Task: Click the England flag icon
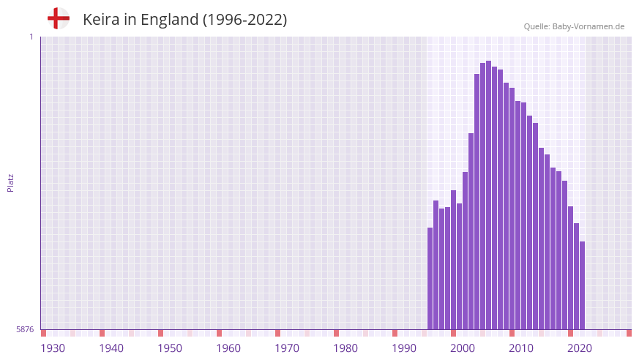(58, 18)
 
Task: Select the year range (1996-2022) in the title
(244, 20)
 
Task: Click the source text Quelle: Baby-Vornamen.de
(574, 26)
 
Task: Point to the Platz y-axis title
(10, 183)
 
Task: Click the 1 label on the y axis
(31, 37)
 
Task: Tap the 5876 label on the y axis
(25, 330)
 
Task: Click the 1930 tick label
(53, 348)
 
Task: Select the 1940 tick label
(111, 348)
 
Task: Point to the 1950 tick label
(170, 348)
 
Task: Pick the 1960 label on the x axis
(228, 348)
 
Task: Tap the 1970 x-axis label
(287, 348)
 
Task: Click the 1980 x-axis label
(345, 348)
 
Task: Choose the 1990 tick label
(404, 348)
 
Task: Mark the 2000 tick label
(463, 348)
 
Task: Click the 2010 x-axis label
(521, 348)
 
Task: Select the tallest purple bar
(489, 195)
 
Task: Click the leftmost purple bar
(430, 278)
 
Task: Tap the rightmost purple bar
(583, 285)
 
